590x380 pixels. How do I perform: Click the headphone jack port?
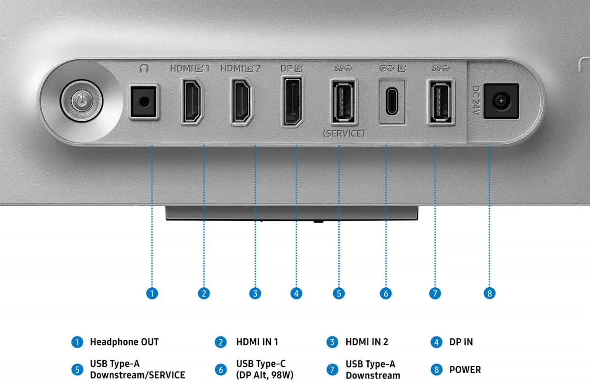(144, 102)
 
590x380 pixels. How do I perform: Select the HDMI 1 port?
(192, 101)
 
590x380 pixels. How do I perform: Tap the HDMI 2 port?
(242, 101)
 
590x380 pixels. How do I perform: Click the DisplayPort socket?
(293, 101)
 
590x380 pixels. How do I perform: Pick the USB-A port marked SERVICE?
(344, 102)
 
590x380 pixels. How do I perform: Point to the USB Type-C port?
(392, 102)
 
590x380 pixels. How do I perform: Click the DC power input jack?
(501, 101)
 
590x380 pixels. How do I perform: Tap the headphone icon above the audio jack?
(144, 69)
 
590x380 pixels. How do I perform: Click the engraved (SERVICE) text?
(344, 134)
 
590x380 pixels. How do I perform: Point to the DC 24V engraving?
(476, 101)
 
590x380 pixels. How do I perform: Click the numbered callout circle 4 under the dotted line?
(296, 293)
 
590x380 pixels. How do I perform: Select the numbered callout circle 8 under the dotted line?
(489, 293)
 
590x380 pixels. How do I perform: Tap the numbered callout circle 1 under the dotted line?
(152, 293)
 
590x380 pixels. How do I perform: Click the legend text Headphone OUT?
(124, 342)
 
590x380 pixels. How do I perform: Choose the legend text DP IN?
(461, 342)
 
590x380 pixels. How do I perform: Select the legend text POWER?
(465, 370)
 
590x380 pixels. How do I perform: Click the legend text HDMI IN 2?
(367, 342)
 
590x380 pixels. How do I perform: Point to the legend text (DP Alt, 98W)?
(265, 375)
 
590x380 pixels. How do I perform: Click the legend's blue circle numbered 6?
(221, 370)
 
